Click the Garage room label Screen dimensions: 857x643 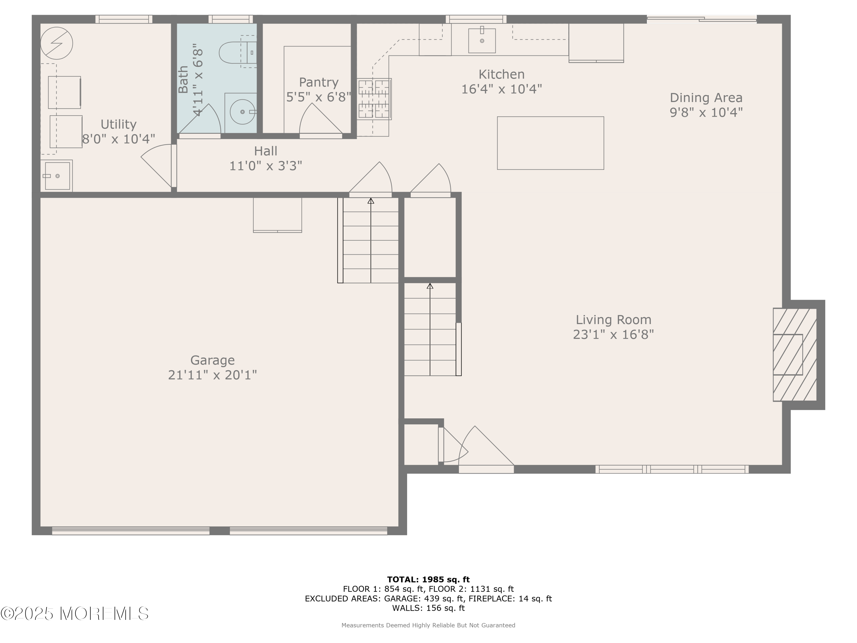coord(212,360)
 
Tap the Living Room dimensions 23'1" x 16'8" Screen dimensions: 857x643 coord(613,334)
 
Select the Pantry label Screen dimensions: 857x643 coord(319,82)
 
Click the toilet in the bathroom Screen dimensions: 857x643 coord(237,52)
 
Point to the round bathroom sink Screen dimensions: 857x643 coord(243,112)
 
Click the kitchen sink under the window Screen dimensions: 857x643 coord(482,40)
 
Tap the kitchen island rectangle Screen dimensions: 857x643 coord(550,143)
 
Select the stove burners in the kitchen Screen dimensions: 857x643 coord(374,99)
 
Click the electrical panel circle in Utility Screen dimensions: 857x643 coord(57,43)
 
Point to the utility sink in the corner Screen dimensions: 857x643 coord(57,175)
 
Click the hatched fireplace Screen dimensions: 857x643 coord(795,355)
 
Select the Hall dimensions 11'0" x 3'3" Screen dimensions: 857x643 coord(266,166)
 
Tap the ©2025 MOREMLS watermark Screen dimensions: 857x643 coord(74,614)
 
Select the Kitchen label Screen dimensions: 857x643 coord(501,74)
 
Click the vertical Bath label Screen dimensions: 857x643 coord(183,79)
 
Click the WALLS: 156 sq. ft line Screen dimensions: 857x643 coord(428,608)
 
